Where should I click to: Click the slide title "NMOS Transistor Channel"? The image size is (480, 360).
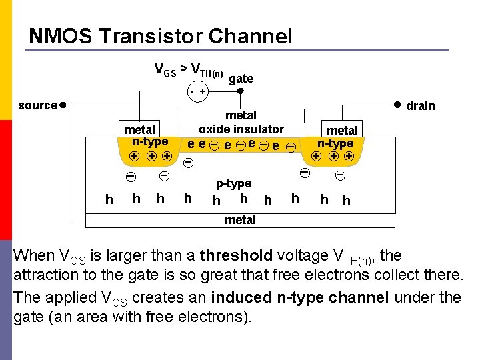pos(161,35)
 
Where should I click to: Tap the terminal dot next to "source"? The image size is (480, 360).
pos(61,105)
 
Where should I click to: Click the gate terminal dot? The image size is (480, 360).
pos(241,91)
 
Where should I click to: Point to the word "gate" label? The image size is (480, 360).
pos(241,79)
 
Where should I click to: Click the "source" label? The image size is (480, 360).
pos(37,105)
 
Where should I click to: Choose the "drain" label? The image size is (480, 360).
pos(420,106)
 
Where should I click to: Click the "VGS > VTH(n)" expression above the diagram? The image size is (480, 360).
pos(189,69)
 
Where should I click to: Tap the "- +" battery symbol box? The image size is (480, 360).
pos(197,91)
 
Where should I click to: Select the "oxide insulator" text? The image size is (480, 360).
pos(241,129)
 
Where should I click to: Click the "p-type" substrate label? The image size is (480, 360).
pos(233,183)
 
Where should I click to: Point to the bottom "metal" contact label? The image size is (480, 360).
pos(240,220)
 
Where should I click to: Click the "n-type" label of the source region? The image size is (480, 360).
pos(150,141)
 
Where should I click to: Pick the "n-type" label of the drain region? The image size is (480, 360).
pos(335,143)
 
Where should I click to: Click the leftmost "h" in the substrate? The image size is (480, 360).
pos(109,199)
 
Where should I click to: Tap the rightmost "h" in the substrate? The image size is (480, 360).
pos(346,200)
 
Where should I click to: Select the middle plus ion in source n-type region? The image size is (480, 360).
pos(151,156)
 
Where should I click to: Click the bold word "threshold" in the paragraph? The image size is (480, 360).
pos(236,256)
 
